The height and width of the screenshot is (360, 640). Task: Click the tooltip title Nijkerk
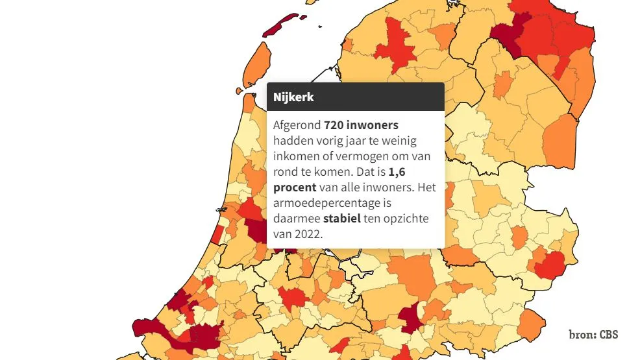293,97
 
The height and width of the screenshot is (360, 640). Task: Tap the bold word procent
295,187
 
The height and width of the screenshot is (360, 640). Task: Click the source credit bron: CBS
593,335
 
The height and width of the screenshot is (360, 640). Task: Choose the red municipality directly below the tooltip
293,297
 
